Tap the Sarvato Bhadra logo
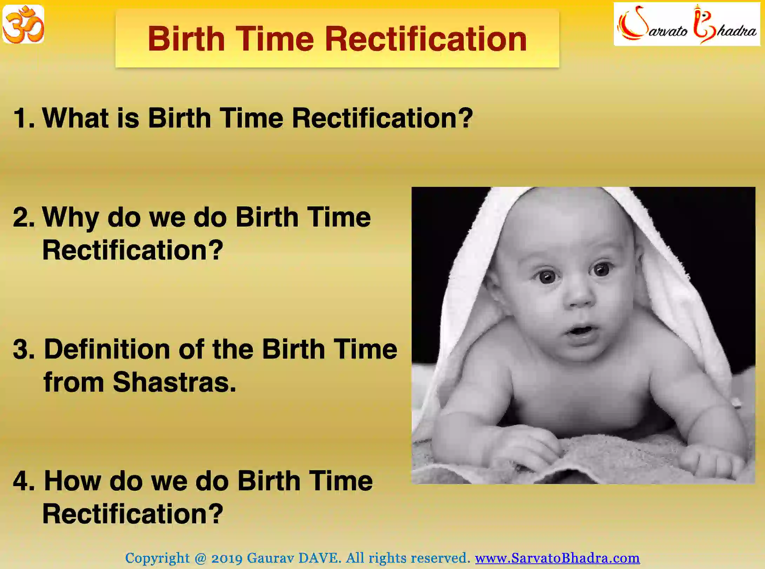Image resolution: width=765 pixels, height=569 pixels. (x=687, y=25)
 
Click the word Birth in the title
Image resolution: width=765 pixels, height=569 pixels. (x=186, y=39)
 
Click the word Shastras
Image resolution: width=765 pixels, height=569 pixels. (x=174, y=382)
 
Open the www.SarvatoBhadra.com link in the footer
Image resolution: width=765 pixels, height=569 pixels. (x=557, y=558)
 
